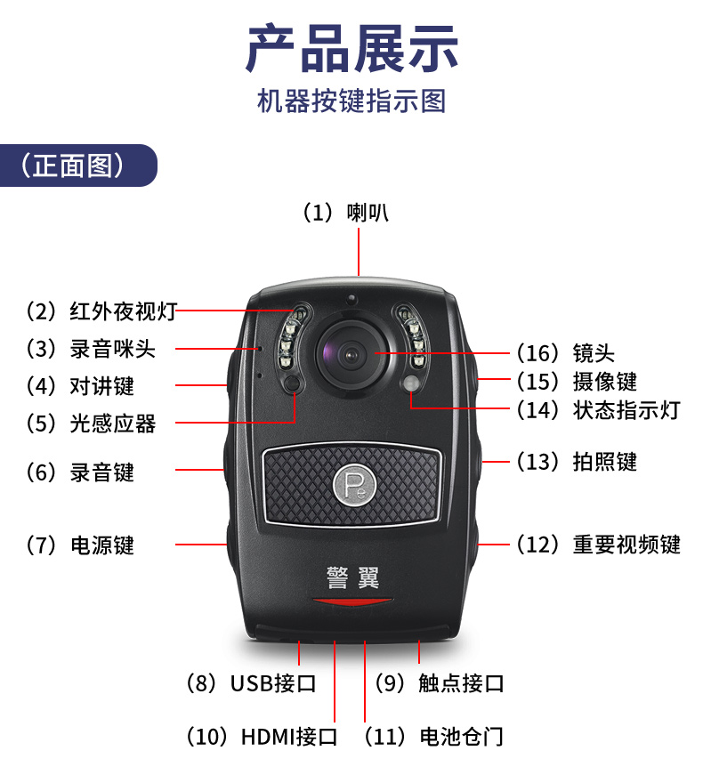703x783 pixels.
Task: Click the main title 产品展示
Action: [351, 49]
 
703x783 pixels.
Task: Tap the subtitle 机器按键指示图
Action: [351, 101]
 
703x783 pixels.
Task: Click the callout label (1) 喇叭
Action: [345, 213]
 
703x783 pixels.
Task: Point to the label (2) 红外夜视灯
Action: [101, 311]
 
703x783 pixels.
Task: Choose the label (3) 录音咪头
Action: [91, 349]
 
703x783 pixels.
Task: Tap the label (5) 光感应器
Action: [91, 424]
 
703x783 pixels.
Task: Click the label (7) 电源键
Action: [80, 545]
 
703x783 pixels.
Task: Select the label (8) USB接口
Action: [251, 683]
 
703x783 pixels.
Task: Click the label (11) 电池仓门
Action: [433, 737]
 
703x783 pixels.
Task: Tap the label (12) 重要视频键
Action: [599, 545]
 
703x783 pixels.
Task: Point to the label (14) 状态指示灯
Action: [599, 410]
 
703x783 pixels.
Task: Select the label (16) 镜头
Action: [566, 353]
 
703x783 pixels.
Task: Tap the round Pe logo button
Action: [353, 484]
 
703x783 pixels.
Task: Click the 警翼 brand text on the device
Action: [353, 577]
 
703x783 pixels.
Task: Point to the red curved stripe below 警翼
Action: [352, 601]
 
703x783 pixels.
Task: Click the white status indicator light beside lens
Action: [411, 383]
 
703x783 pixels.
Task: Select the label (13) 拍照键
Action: [577, 462]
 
